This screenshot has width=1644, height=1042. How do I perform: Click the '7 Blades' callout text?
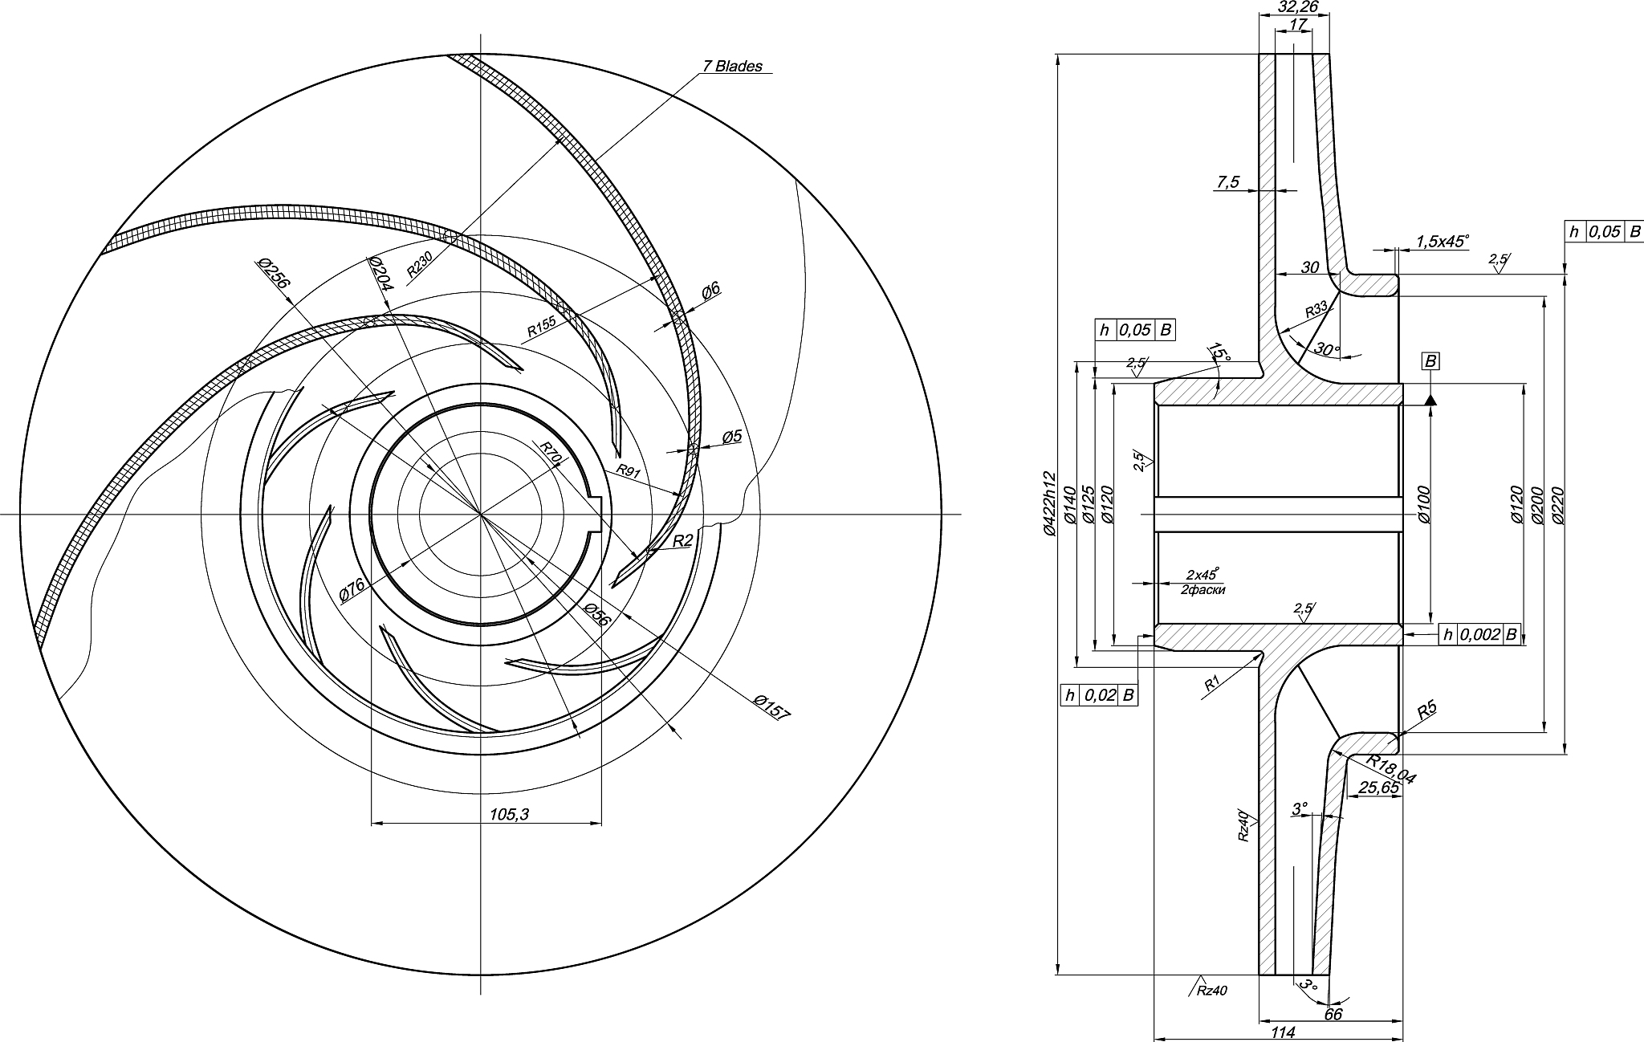point(732,67)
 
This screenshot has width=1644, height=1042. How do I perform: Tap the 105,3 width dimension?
point(510,815)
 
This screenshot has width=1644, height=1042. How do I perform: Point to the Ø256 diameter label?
point(273,274)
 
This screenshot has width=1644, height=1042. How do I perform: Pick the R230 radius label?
point(420,263)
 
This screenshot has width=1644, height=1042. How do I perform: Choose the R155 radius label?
point(541,326)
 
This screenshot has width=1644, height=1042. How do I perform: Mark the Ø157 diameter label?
point(772,707)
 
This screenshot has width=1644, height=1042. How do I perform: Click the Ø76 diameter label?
point(352,589)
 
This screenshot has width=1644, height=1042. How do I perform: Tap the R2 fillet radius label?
point(682,541)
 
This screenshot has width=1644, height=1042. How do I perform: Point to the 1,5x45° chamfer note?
point(1442,241)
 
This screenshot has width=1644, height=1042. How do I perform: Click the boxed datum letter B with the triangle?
point(1430,362)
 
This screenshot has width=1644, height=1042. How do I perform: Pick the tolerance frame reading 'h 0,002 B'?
point(1479,634)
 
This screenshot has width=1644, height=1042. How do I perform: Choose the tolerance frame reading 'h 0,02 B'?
point(1098,695)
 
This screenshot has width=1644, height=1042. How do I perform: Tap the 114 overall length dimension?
point(1284,1032)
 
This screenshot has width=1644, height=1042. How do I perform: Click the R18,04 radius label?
point(1392,769)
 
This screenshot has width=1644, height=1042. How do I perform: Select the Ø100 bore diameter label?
point(1424,503)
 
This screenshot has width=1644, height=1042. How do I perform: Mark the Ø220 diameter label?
point(1559,505)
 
